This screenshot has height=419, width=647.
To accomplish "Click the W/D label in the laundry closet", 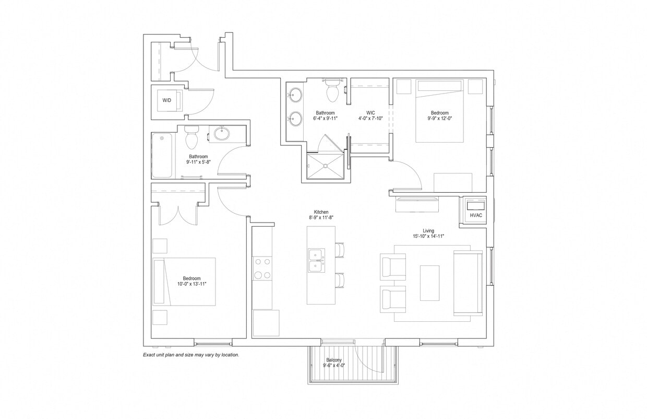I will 166,100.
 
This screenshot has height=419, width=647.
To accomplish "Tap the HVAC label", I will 476,215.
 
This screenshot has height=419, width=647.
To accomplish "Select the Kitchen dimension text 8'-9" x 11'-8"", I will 321,217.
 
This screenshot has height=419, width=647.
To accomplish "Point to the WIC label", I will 370,113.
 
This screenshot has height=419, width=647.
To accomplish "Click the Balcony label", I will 334,360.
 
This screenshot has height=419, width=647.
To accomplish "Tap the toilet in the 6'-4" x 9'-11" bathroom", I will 332,91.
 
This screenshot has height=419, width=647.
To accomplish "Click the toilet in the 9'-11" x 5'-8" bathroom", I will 191,137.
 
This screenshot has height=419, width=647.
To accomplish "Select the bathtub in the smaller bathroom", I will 162,156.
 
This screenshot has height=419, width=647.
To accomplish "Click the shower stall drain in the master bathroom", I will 326,166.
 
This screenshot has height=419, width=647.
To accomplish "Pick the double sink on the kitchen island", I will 316,260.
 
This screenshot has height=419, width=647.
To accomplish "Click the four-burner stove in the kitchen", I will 262,269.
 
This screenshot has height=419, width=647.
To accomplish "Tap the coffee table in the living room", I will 429,283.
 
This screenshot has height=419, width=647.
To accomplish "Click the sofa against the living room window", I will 468,283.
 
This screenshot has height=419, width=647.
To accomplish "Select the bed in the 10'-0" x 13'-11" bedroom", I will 184,281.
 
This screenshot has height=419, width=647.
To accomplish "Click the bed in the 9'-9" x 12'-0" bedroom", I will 439,111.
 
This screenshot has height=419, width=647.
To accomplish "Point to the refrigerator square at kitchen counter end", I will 266,323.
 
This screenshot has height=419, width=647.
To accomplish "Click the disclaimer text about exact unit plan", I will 191,355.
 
